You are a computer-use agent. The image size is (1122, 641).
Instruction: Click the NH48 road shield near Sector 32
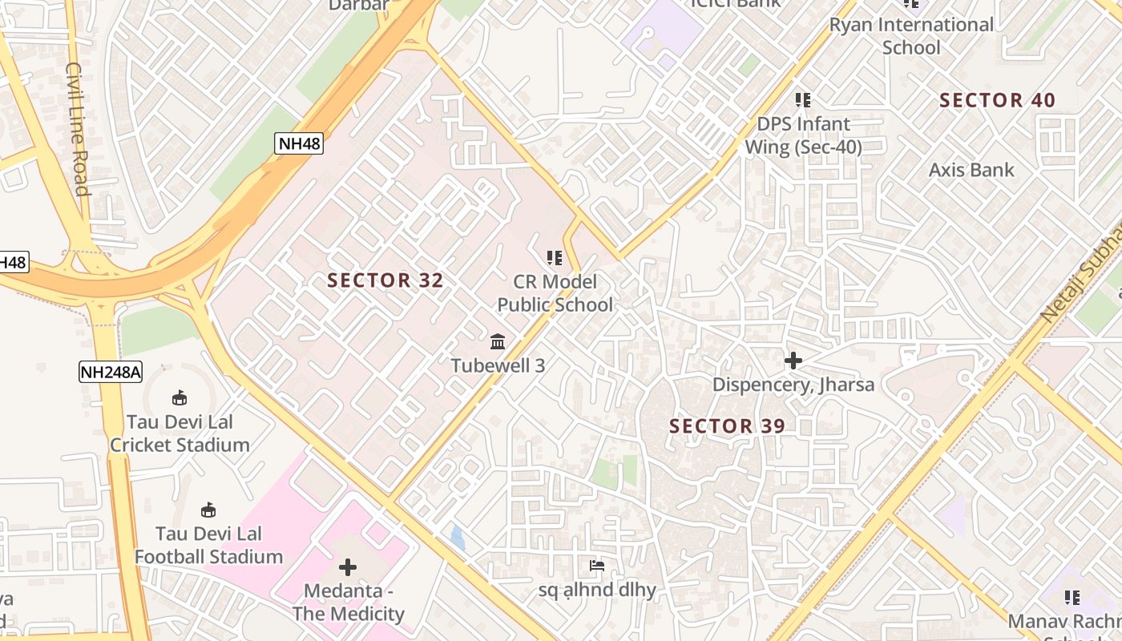click(298, 143)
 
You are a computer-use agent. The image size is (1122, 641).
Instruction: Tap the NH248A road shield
click(111, 371)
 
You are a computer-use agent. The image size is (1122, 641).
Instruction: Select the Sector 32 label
click(385, 280)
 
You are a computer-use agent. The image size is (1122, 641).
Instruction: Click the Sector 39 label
click(727, 426)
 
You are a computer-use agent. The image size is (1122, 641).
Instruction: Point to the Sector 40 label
click(997, 100)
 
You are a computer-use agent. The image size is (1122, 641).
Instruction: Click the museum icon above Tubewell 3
click(498, 341)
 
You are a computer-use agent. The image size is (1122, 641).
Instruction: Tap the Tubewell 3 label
click(498, 365)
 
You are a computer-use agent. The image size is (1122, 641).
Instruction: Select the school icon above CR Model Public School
click(555, 258)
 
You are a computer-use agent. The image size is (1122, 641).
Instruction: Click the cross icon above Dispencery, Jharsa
click(793, 361)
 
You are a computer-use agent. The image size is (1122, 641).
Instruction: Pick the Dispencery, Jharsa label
click(793, 385)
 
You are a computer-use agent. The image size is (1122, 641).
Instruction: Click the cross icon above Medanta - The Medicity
click(348, 567)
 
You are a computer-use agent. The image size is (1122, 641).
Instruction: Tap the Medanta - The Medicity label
click(348, 603)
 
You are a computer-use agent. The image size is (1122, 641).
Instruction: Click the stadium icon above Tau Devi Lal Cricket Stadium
click(180, 397)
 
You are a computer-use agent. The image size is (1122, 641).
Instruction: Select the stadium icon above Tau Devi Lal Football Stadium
click(208, 510)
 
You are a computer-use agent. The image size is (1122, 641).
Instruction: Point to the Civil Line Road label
click(77, 128)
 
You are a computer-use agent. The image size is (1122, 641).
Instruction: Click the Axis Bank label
click(971, 170)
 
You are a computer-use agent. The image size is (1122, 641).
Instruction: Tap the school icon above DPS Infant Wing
click(803, 100)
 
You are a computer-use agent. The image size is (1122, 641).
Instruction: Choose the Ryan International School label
click(911, 36)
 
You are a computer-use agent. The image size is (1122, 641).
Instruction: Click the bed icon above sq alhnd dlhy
click(597, 566)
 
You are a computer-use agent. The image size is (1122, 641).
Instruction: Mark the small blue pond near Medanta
click(457, 537)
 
